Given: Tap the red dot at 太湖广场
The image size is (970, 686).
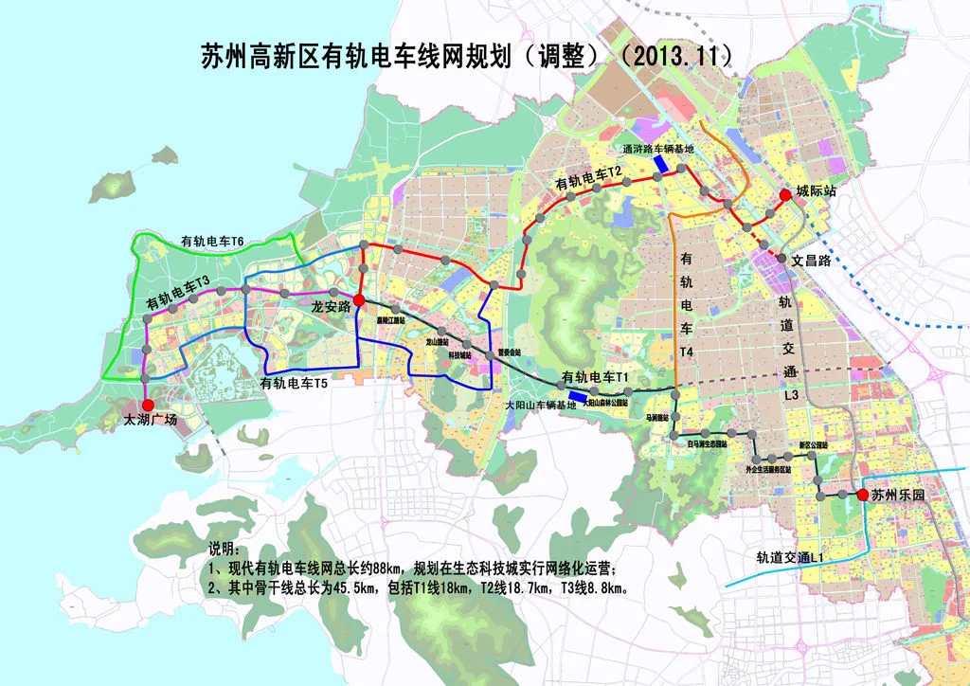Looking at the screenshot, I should point(147,405).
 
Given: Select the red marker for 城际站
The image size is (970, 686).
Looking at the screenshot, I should point(784,196).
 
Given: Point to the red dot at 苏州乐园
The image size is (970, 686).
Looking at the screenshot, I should point(863,495).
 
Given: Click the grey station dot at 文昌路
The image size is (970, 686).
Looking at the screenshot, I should point(782,258).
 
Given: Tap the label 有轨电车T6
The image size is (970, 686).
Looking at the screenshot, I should point(213,243).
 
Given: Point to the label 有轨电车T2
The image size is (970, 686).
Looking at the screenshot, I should point(588,176).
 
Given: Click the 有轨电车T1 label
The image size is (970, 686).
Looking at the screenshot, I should point(596,377).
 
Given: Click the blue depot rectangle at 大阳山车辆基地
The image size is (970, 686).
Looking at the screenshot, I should point(576,397).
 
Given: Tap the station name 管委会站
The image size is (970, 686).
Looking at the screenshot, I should point(510,351).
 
